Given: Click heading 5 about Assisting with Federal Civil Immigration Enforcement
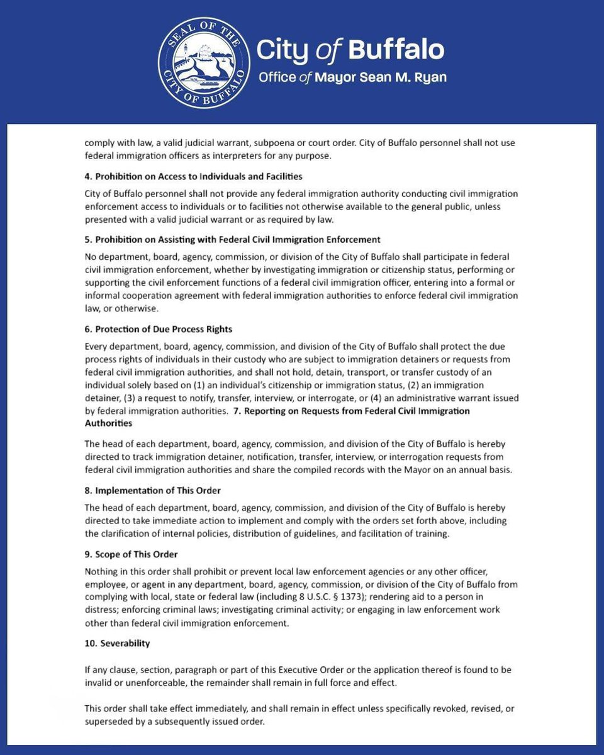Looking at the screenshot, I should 232,240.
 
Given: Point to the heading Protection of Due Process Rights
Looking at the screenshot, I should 159,329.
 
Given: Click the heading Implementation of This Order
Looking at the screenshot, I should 153,490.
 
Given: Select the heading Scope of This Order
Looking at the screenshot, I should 131,554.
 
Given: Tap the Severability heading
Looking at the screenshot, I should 118,644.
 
